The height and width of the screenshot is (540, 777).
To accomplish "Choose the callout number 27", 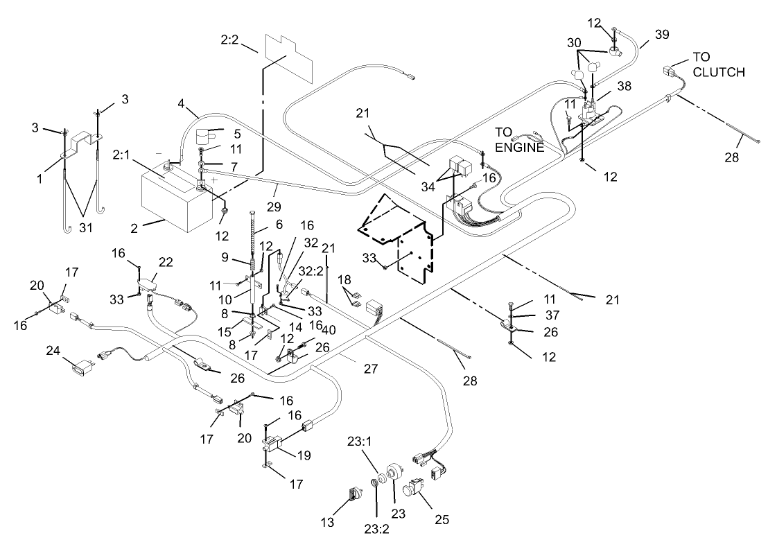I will click(x=370, y=369).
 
